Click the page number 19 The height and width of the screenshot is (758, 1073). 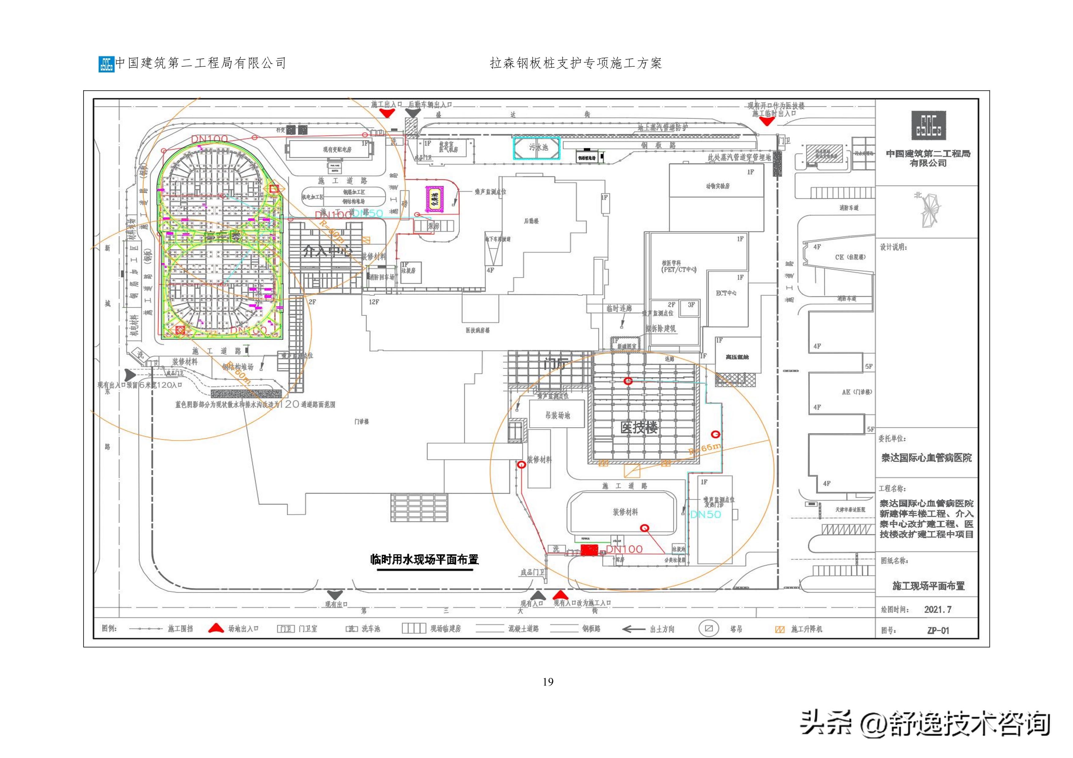(x=548, y=682)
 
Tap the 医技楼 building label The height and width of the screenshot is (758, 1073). (x=639, y=427)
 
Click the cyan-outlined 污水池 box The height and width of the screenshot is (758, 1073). (x=537, y=148)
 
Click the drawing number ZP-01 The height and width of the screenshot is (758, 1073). (x=938, y=631)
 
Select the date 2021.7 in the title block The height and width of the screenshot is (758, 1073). (x=937, y=609)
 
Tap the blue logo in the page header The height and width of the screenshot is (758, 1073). (x=106, y=64)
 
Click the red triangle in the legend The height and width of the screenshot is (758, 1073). (x=215, y=628)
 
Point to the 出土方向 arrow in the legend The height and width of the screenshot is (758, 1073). (x=634, y=629)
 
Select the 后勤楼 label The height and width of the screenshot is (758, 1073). (x=531, y=221)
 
